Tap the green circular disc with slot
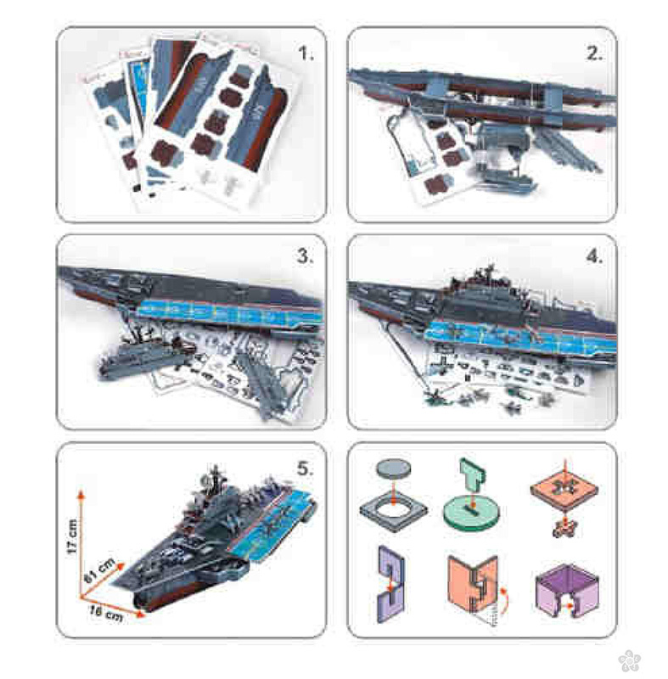coord(470,512)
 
